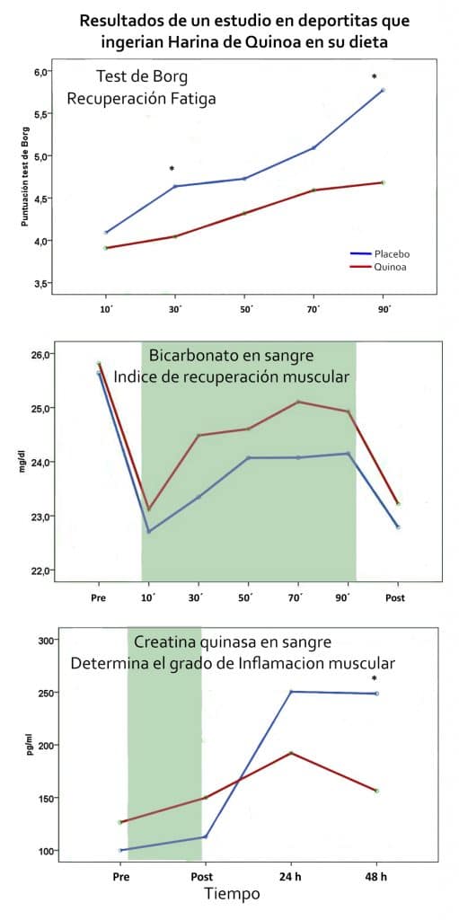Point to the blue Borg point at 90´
click(383, 90)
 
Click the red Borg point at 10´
click(106, 247)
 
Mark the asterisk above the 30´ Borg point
click(172, 169)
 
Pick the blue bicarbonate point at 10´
click(148, 531)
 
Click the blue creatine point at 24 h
click(290, 692)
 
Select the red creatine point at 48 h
click(376, 791)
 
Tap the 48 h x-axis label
click(376, 874)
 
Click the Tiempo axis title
click(232, 894)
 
